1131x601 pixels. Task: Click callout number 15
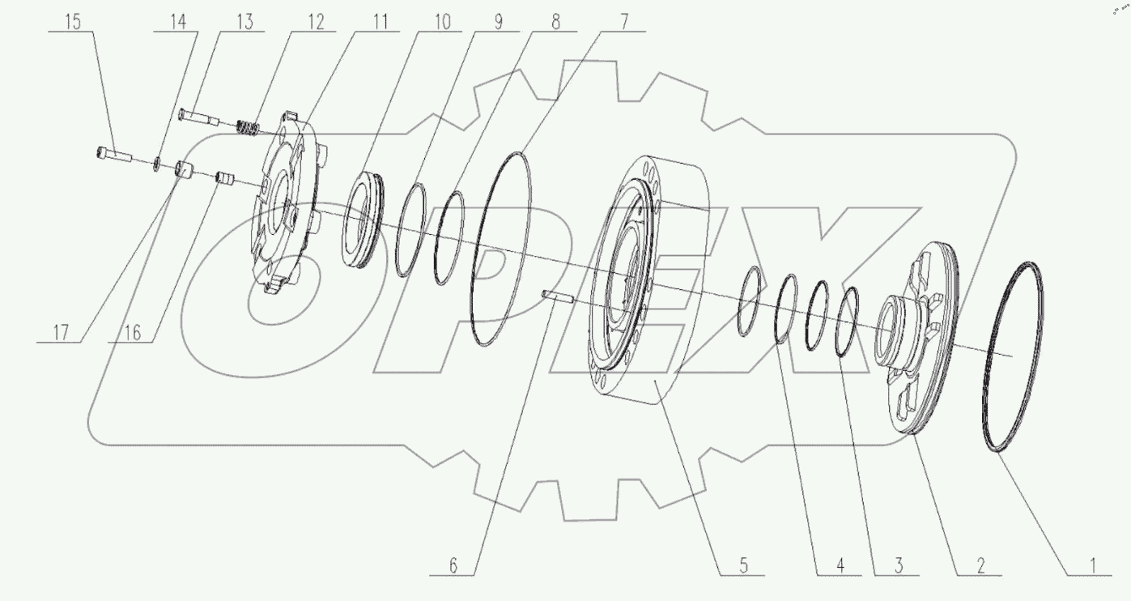point(73,22)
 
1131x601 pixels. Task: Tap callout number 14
point(178,22)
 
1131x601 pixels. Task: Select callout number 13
point(244,22)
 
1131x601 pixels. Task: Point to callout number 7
point(624,22)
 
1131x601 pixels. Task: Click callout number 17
point(61,333)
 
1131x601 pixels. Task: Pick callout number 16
point(132,333)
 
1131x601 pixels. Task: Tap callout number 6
point(453,565)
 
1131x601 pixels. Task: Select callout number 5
point(743,565)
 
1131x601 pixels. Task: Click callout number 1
point(1092,565)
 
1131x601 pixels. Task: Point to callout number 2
point(980,565)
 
